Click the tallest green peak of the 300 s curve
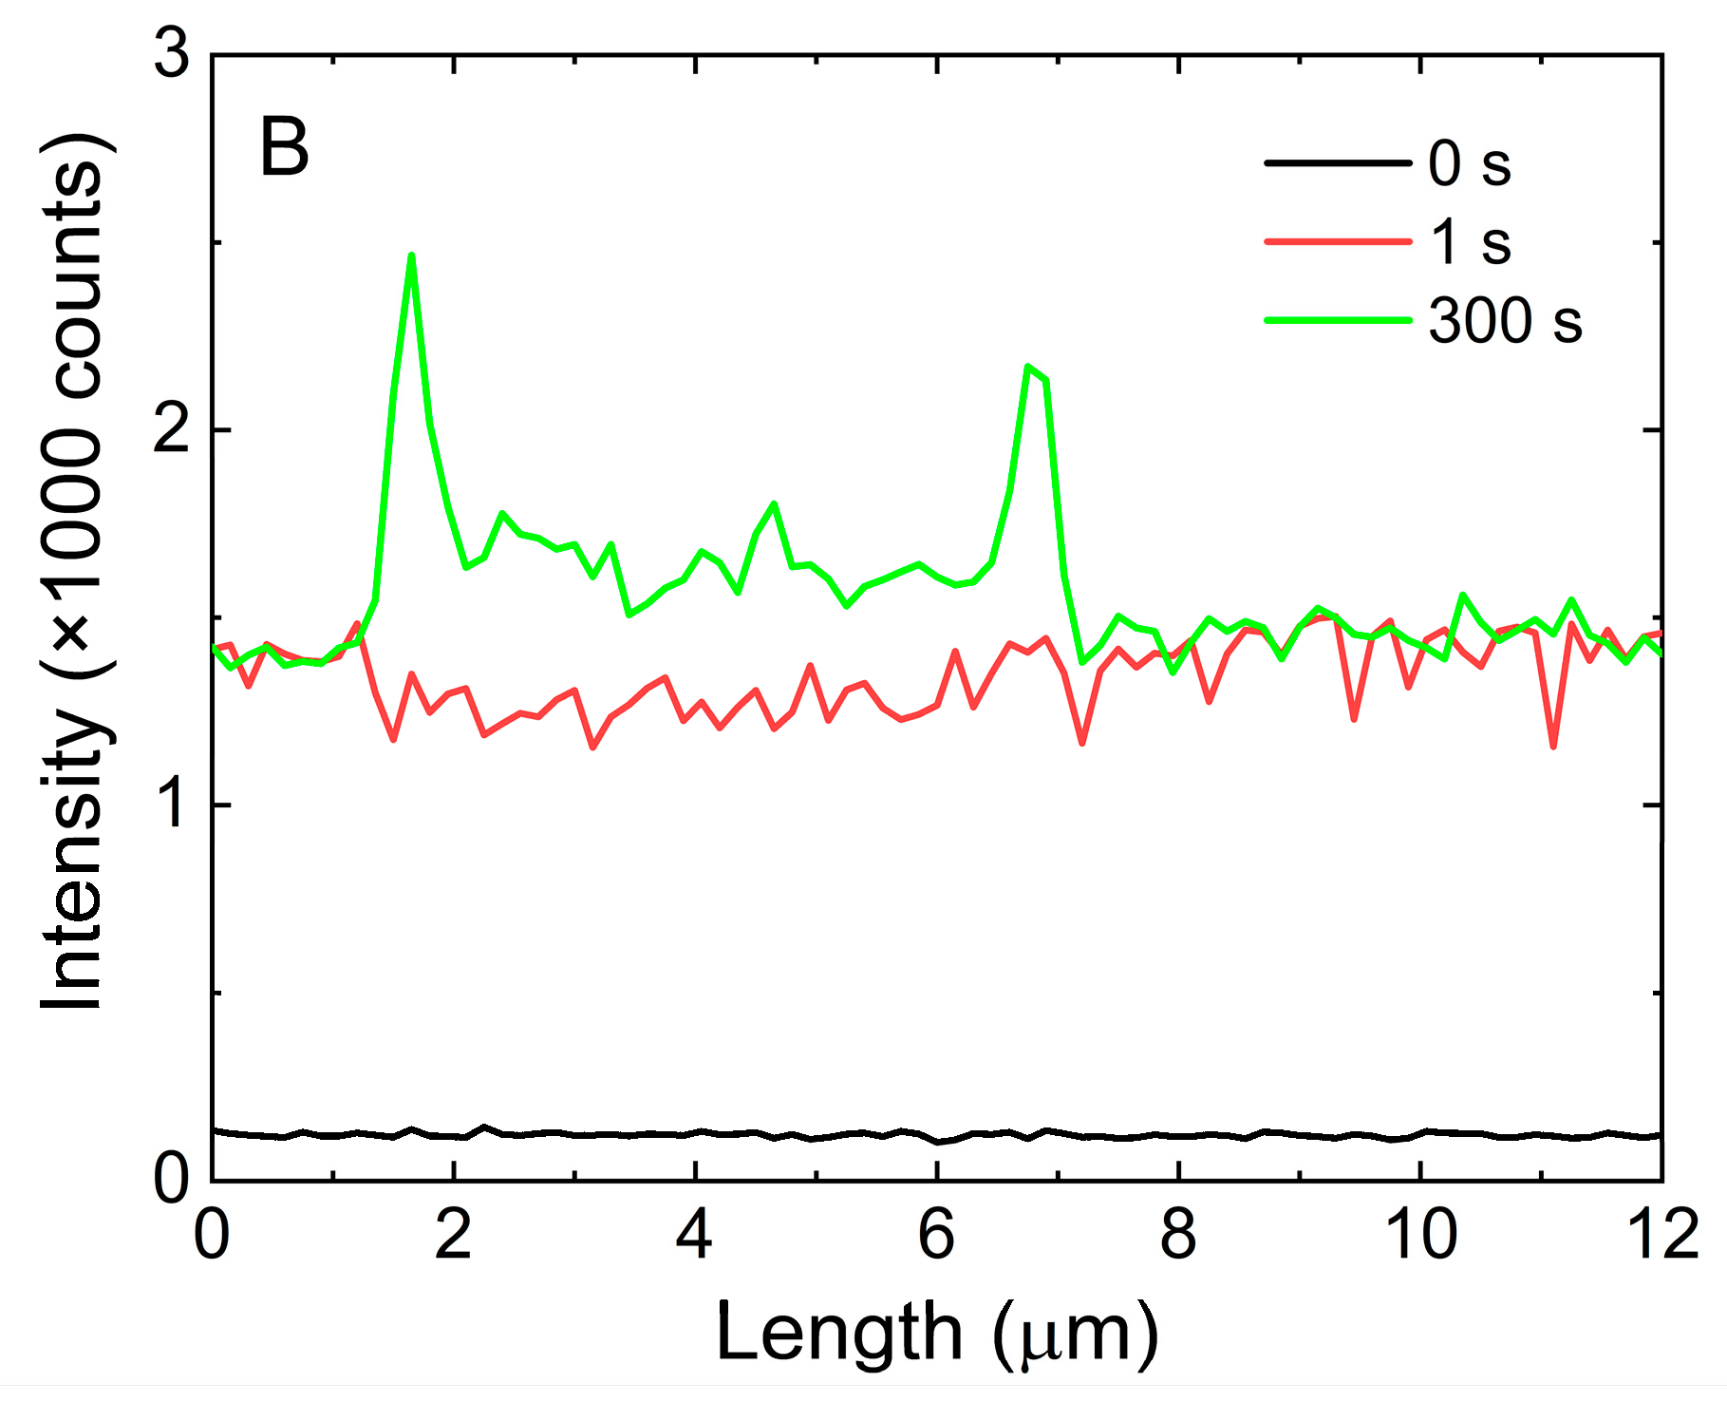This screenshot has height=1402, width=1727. [x=411, y=256]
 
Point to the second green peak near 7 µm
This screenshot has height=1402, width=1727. [x=1028, y=367]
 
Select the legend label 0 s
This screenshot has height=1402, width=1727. [x=1469, y=163]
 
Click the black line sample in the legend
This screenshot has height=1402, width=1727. [x=1338, y=163]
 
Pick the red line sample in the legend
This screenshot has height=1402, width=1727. [x=1338, y=242]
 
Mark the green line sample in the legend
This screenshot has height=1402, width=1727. [x=1338, y=320]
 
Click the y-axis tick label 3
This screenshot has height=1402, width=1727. [x=172, y=57]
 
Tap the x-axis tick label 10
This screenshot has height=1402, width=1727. [x=1420, y=1236]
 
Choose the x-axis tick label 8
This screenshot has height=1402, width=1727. [x=1178, y=1236]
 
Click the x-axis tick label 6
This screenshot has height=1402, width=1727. [x=937, y=1236]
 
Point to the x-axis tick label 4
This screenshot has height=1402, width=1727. [x=695, y=1236]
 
